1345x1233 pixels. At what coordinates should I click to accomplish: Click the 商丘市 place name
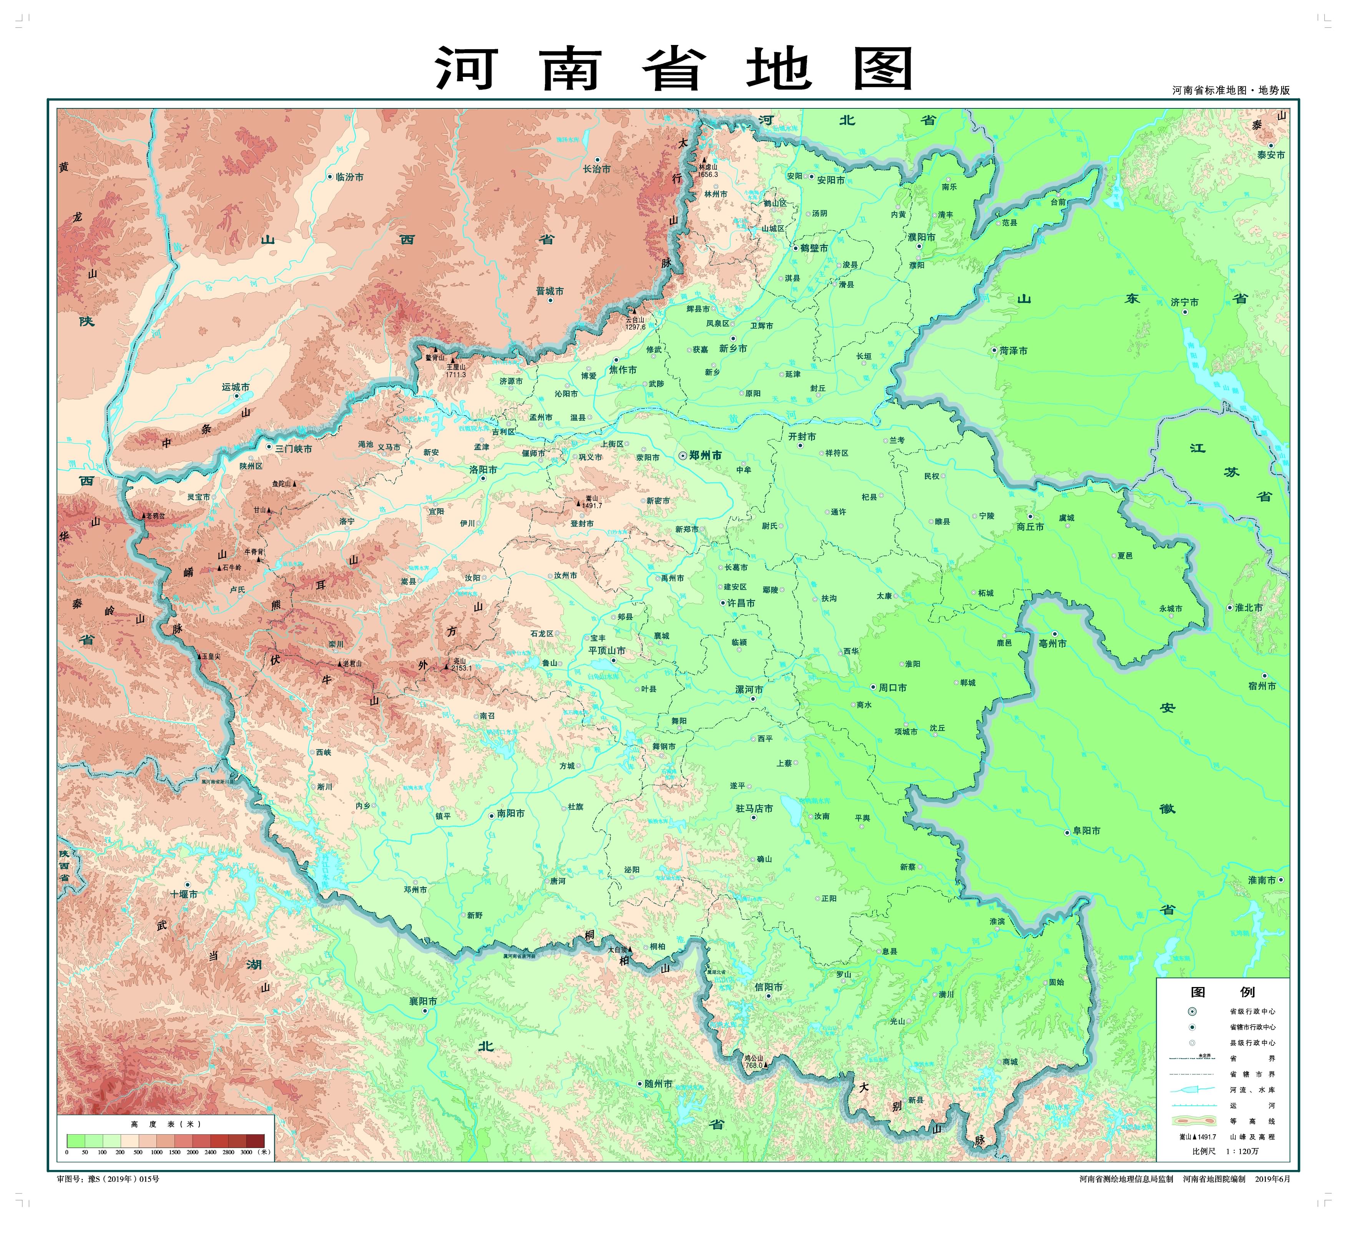point(1030,527)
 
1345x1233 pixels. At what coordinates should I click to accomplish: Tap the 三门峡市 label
point(294,449)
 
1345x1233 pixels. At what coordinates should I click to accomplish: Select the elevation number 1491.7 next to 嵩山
point(592,506)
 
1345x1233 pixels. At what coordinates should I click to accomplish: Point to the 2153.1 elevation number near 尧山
point(461,668)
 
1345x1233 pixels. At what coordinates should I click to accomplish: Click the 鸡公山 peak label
point(753,1058)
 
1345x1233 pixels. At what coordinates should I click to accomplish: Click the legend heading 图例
point(1222,992)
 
